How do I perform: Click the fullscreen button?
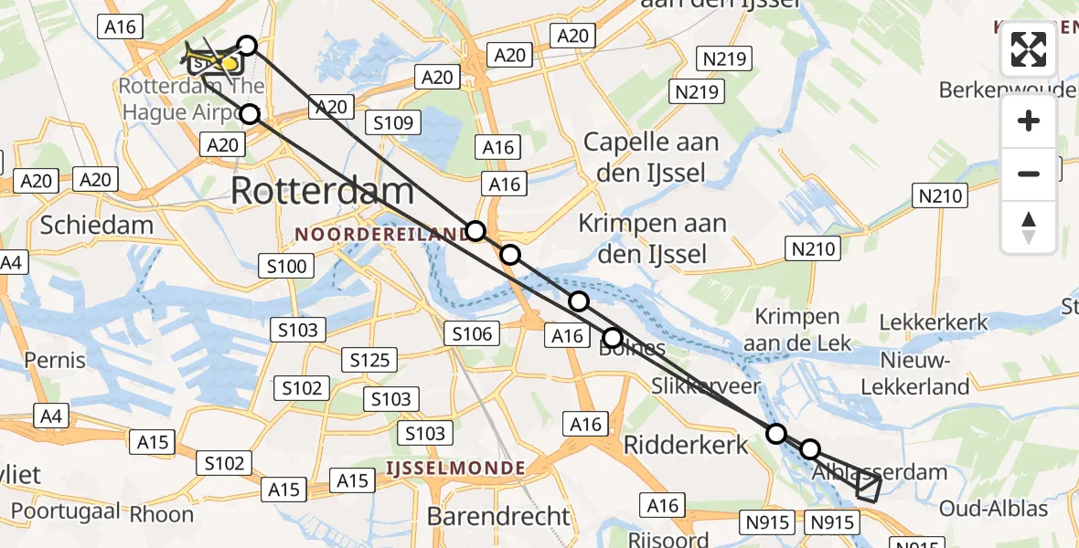click(x=1029, y=49)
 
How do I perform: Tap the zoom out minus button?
click(x=1029, y=174)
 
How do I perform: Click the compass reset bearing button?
click(x=1029, y=227)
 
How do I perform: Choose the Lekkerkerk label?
click(x=934, y=321)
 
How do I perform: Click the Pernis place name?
click(x=55, y=359)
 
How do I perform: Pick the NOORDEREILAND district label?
click(x=381, y=235)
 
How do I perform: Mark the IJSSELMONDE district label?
click(x=455, y=469)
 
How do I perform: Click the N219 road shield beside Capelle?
click(x=699, y=91)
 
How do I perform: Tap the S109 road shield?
click(x=392, y=122)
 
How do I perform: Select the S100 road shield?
click(x=286, y=267)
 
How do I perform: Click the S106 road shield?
click(x=472, y=334)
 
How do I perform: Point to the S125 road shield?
click(x=370, y=360)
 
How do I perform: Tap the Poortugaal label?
click(x=60, y=511)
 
